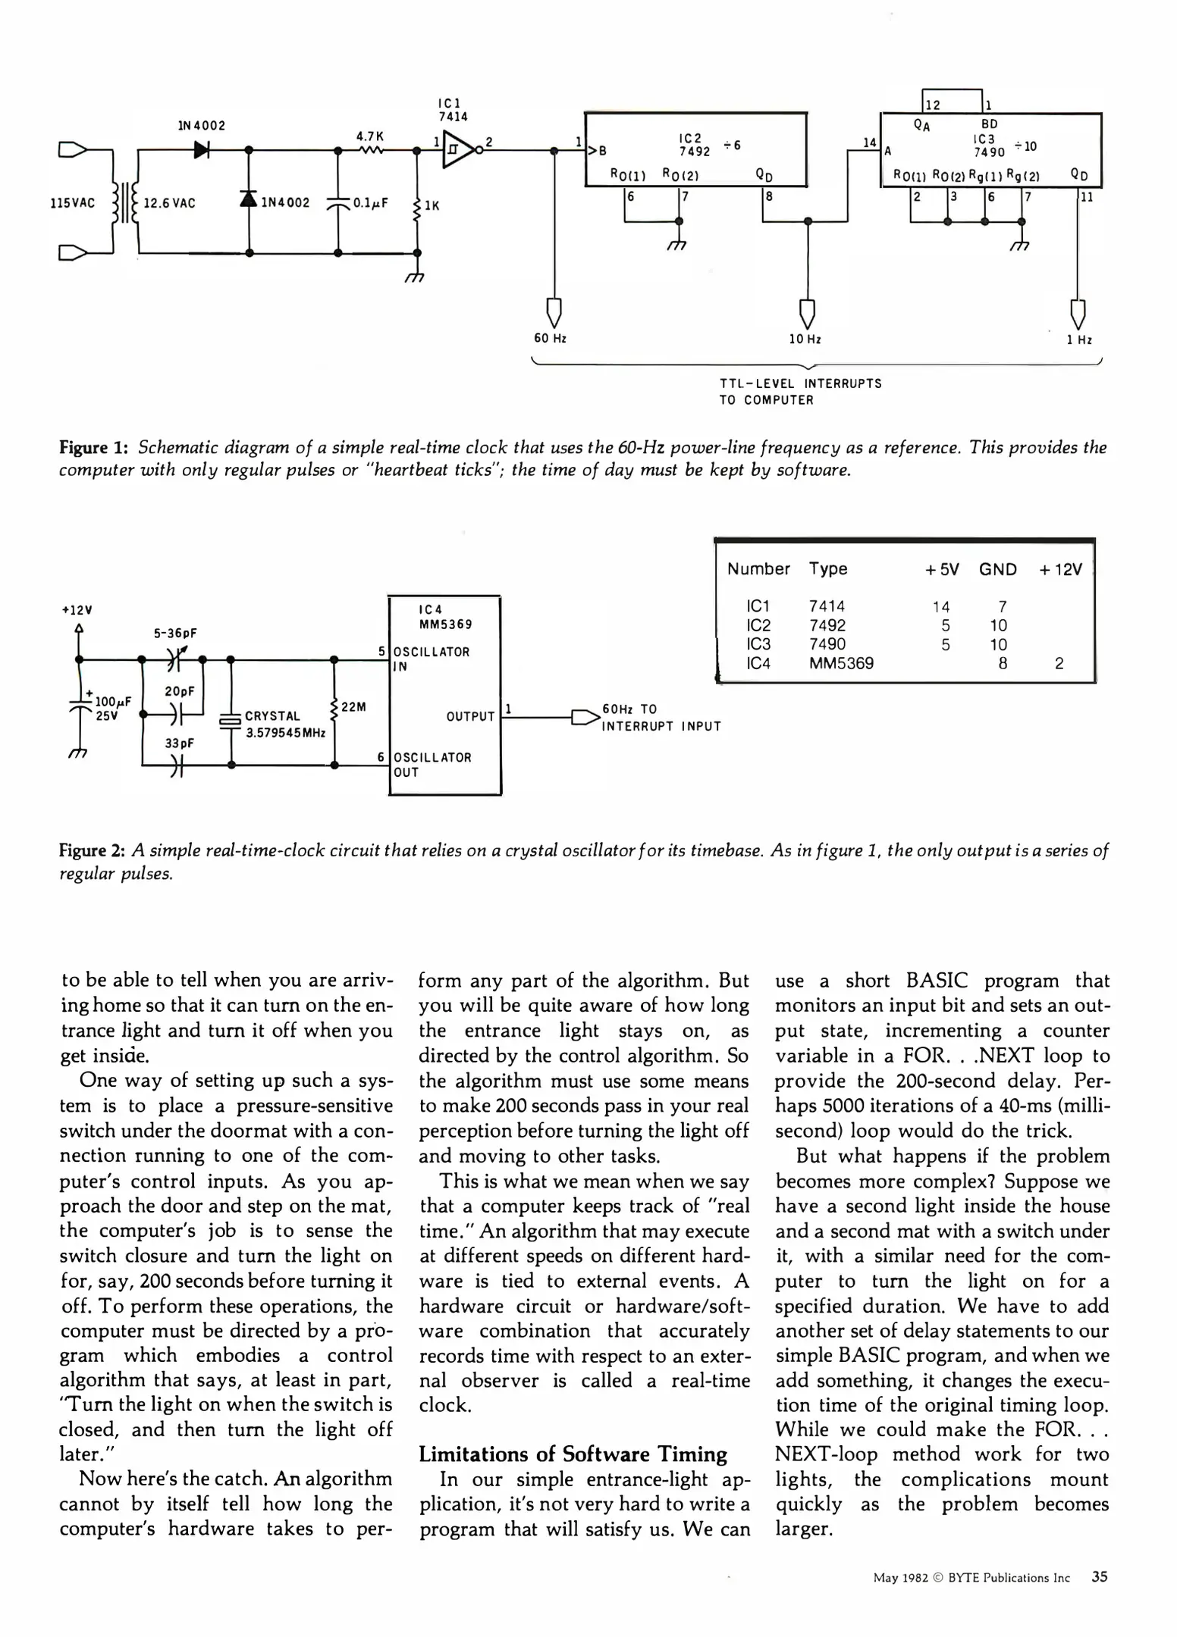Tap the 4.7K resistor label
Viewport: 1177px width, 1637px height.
coord(370,136)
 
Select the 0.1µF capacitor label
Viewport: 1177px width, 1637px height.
coord(371,203)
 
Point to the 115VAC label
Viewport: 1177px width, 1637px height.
coord(73,203)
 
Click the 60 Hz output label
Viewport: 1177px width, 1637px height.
coord(551,339)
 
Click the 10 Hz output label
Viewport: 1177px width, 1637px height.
coord(805,340)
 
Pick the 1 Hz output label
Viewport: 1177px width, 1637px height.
coord(1078,340)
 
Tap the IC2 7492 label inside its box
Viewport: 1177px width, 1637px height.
coord(694,146)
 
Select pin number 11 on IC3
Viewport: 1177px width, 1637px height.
coord(1087,198)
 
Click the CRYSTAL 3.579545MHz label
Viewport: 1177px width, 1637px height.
coord(284,725)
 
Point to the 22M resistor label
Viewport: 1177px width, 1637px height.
coord(353,707)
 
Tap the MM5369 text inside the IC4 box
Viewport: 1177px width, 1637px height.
coord(445,624)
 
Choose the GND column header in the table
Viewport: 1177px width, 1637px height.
coord(997,569)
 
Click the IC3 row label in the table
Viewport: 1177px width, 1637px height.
coord(758,644)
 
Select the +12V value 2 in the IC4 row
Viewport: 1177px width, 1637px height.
coord(1059,664)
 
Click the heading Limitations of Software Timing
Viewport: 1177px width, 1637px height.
coord(573,1454)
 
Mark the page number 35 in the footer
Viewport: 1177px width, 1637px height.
coord(1099,1577)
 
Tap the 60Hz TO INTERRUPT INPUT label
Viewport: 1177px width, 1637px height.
coord(661,718)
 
